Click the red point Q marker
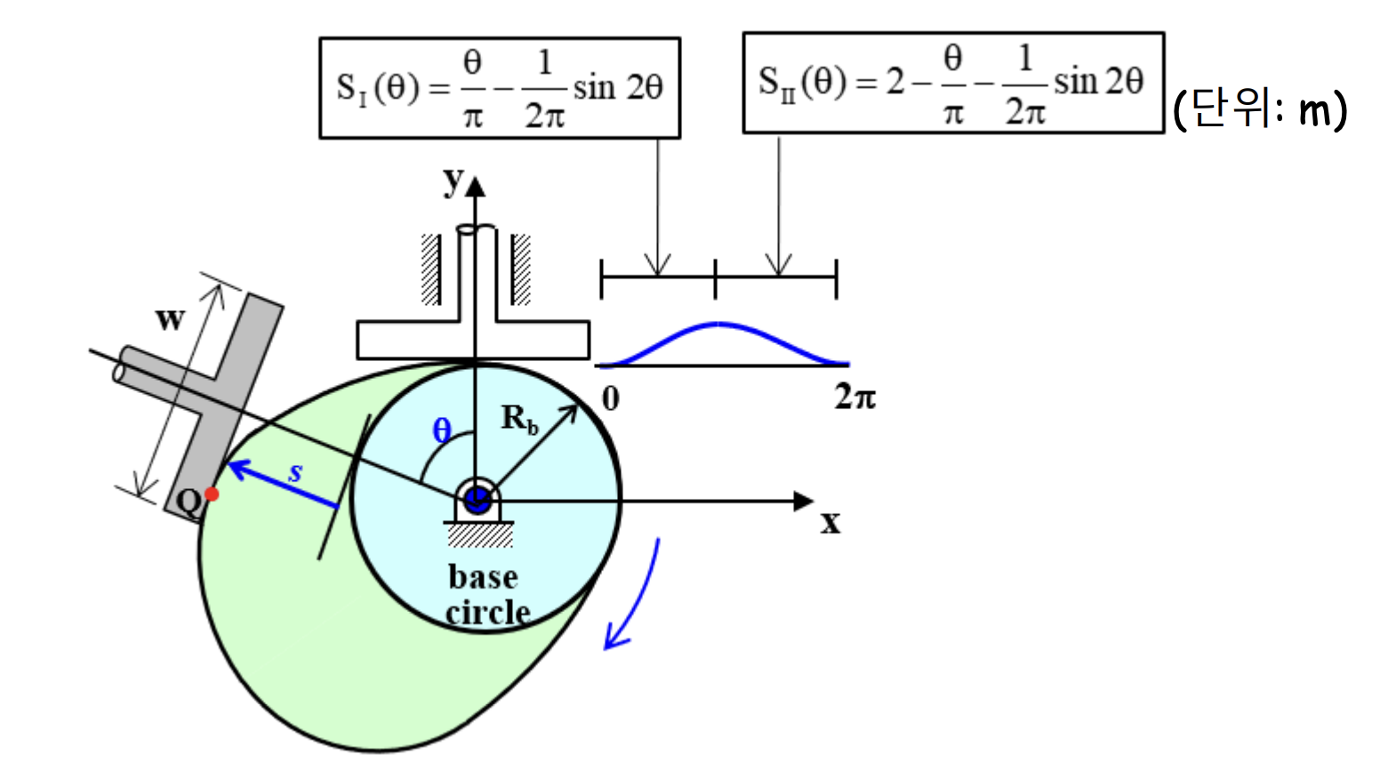coord(212,494)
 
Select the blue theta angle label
coord(442,431)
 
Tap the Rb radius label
coord(519,418)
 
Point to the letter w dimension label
coord(170,318)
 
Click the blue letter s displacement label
coord(296,472)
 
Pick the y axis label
coord(453,181)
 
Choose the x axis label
coord(830,523)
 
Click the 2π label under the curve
coord(854,397)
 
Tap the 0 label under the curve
coord(610,398)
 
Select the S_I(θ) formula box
coord(500,88)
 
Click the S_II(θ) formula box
coord(953,83)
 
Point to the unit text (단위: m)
coord(1260,108)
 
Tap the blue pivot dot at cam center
coord(477,500)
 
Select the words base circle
coord(485,594)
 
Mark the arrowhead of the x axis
coord(805,502)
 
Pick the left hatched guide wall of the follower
coord(431,269)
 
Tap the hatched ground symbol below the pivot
coord(479,534)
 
